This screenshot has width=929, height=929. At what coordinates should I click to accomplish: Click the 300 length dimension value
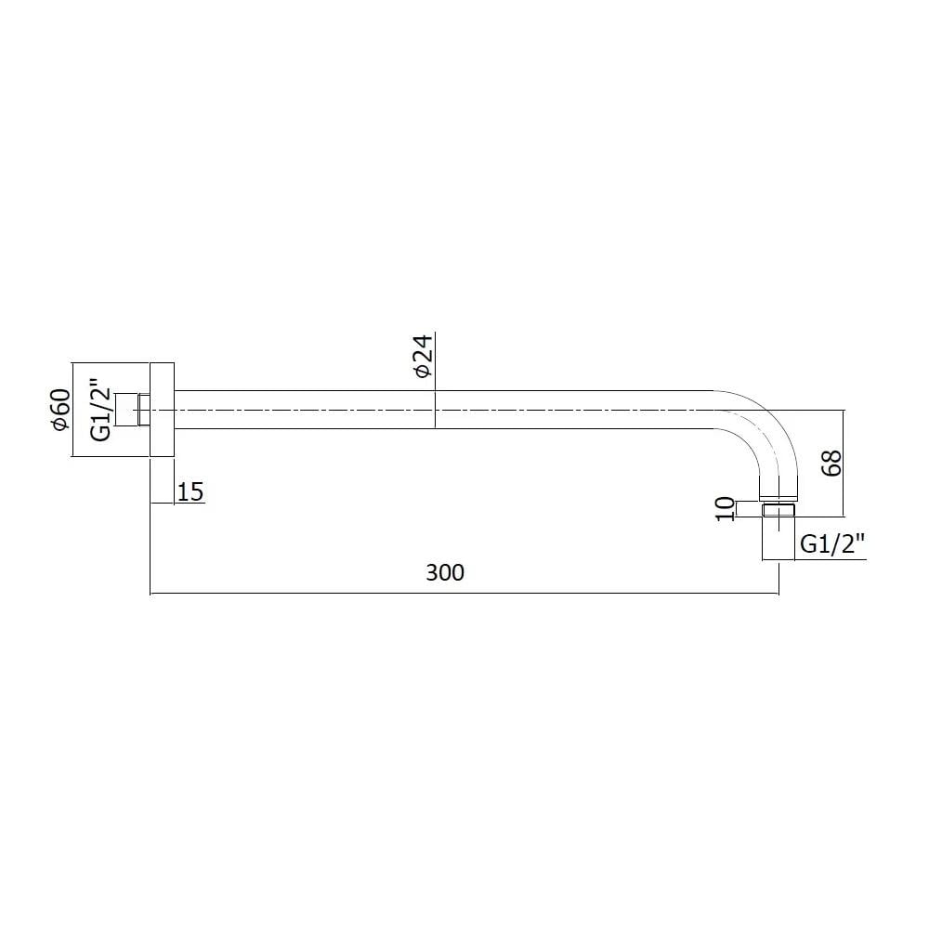[x=445, y=572]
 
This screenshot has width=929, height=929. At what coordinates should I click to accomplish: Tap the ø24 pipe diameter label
[x=424, y=356]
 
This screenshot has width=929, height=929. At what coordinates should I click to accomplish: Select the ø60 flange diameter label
[x=61, y=410]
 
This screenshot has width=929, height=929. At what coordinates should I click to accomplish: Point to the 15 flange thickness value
[x=190, y=491]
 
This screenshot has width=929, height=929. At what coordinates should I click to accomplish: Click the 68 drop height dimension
[x=831, y=464]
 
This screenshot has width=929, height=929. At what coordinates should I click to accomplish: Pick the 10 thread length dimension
[x=726, y=509]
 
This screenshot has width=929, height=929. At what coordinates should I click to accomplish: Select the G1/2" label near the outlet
[x=832, y=543]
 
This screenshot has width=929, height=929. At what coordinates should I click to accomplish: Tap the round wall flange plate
[x=162, y=410]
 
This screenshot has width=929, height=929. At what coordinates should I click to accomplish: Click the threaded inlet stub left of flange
[x=133, y=410]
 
